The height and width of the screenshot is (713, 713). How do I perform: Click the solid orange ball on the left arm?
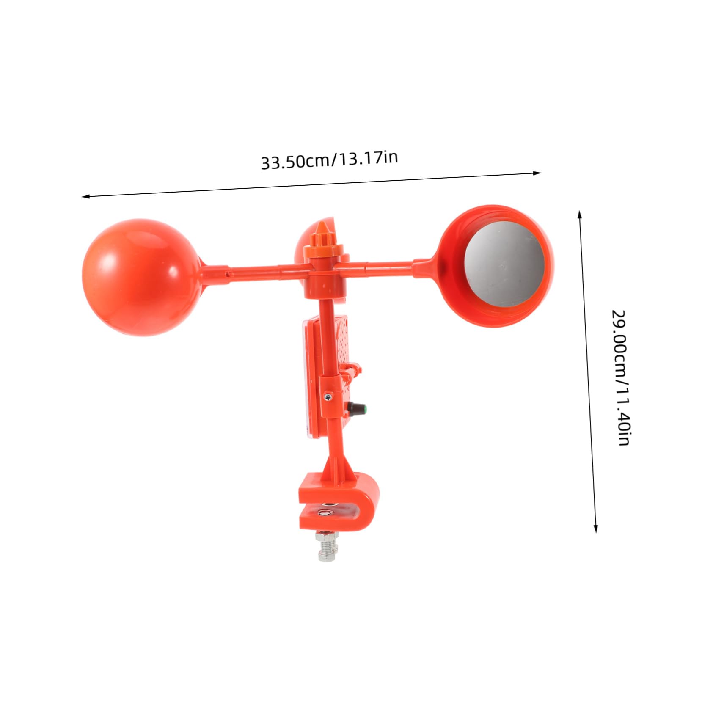pyautogui.click(x=140, y=277)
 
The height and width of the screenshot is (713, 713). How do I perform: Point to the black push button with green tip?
pyautogui.click(x=357, y=408)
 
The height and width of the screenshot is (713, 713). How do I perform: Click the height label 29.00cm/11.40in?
pyautogui.click(x=620, y=378)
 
